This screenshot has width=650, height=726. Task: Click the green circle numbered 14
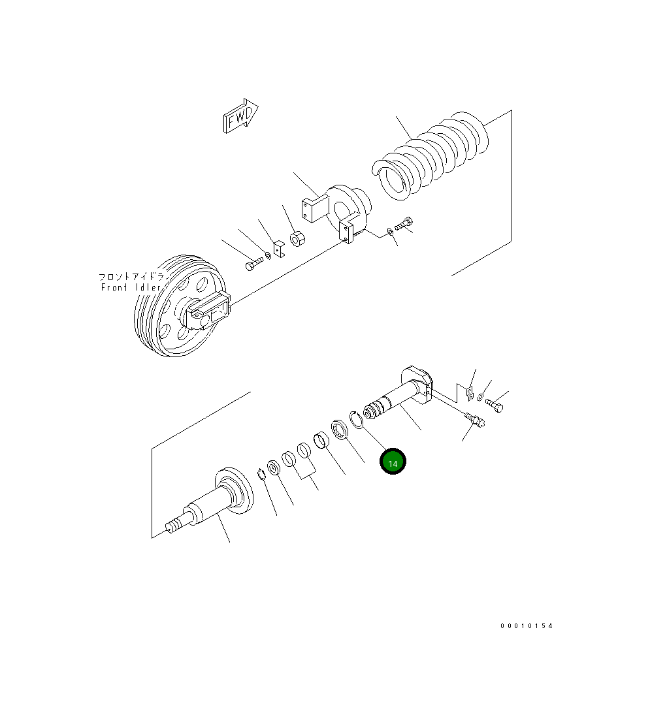(x=393, y=462)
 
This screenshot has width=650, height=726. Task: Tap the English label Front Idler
(x=131, y=287)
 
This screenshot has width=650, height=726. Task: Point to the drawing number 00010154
(x=527, y=626)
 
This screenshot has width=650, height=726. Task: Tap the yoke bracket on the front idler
(x=208, y=311)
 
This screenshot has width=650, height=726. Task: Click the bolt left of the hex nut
(x=254, y=264)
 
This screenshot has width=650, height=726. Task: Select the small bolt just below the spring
(x=404, y=224)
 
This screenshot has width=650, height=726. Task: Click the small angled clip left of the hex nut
(x=278, y=249)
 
